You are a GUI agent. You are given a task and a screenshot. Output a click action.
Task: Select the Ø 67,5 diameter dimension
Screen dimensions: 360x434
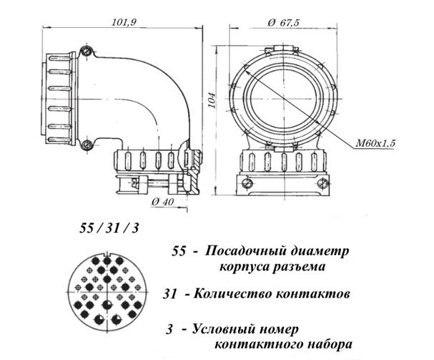tap(284, 22)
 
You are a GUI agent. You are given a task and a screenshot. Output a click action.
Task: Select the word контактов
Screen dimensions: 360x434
tap(314, 294)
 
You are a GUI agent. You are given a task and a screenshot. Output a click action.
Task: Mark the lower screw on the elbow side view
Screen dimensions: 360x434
tap(87, 145)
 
